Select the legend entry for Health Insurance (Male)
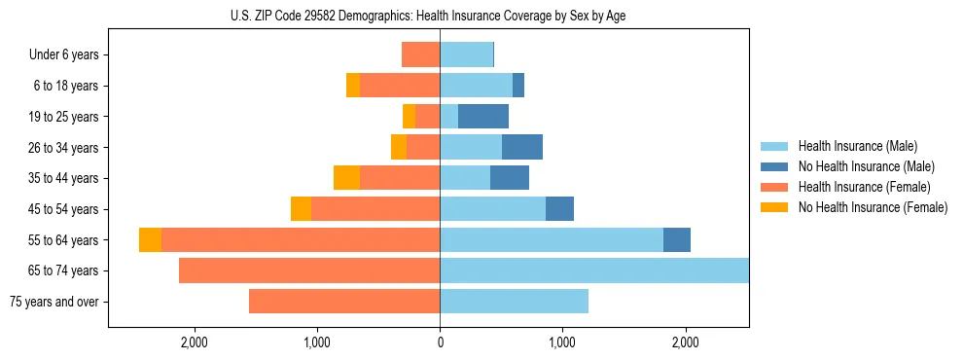[x=856, y=146]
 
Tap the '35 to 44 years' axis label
[x=63, y=178]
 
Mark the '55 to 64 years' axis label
[x=63, y=239]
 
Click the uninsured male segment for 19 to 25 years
[x=483, y=117]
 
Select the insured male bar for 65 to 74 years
[x=593, y=270]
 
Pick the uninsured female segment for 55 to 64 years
[x=151, y=240]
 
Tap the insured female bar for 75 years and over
[x=344, y=302]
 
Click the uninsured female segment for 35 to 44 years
[x=346, y=178]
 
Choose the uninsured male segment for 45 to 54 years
[x=559, y=209]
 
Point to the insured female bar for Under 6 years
[x=420, y=54]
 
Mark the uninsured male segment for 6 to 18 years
[x=518, y=86]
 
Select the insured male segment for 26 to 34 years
[x=471, y=147]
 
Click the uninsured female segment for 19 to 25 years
[x=409, y=117]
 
